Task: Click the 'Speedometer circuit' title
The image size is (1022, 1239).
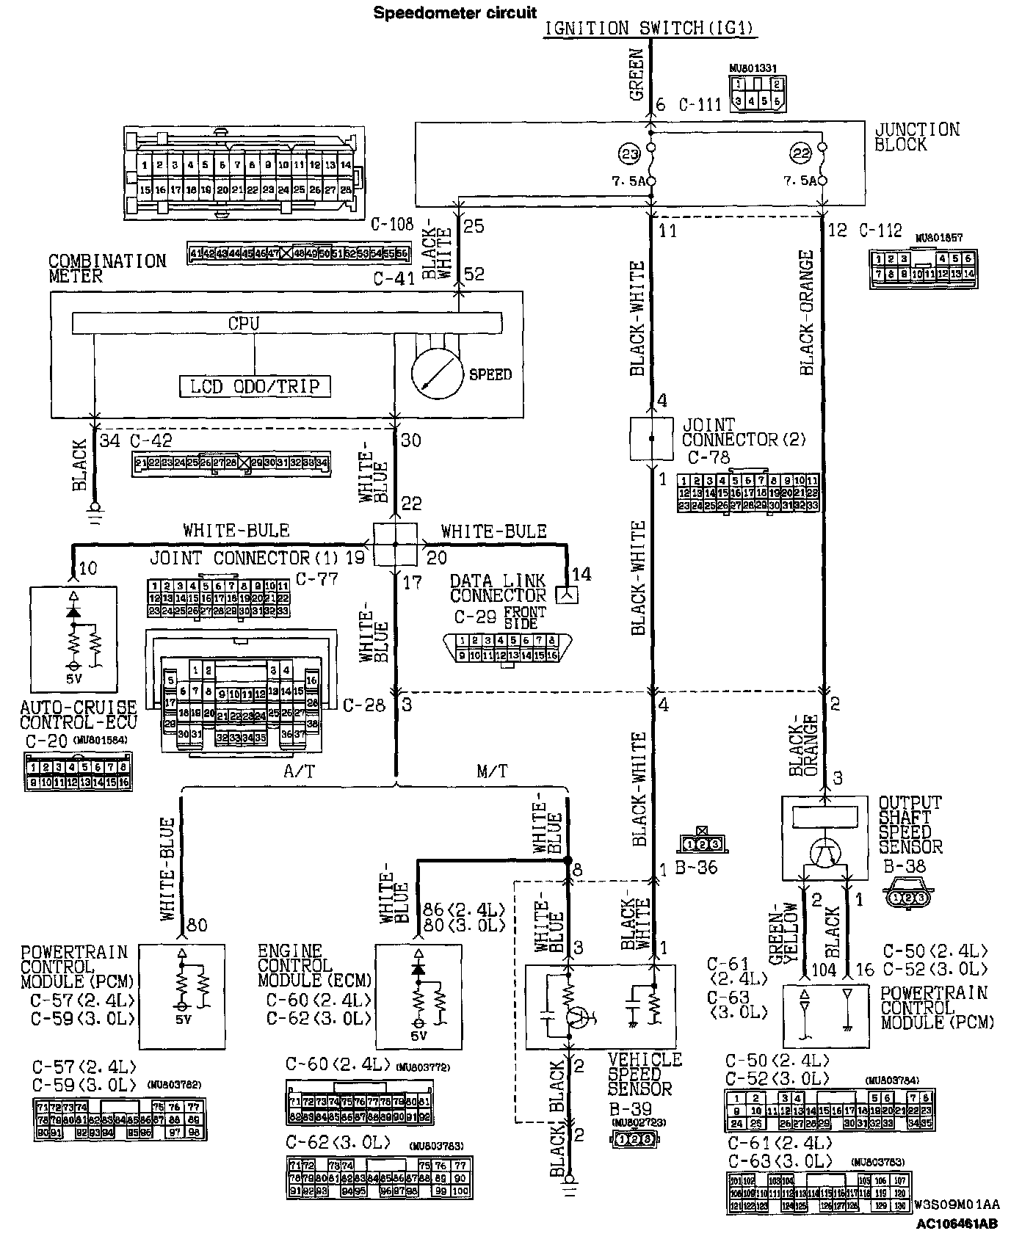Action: tap(455, 12)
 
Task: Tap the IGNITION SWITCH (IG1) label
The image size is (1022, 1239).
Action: tap(650, 29)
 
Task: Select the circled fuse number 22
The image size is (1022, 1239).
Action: tap(800, 153)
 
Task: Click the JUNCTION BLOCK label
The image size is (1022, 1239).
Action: tap(916, 137)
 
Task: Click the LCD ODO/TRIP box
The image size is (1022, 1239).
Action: tap(255, 386)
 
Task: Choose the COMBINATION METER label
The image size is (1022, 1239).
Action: tap(107, 269)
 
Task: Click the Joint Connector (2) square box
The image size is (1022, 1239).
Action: tap(651, 439)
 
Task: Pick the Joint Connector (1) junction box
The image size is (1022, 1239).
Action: tap(395, 545)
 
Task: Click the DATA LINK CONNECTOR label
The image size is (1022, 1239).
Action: tap(498, 587)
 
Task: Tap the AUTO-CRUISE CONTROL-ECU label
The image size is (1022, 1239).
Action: tap(78, 714)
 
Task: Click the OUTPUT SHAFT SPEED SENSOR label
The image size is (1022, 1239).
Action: tap(910, 825)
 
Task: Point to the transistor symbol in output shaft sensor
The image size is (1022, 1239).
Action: tap(825, 853)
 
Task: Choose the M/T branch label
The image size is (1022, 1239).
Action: tap(491, 771)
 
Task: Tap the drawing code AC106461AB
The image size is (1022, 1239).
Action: tap(956, 1224)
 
